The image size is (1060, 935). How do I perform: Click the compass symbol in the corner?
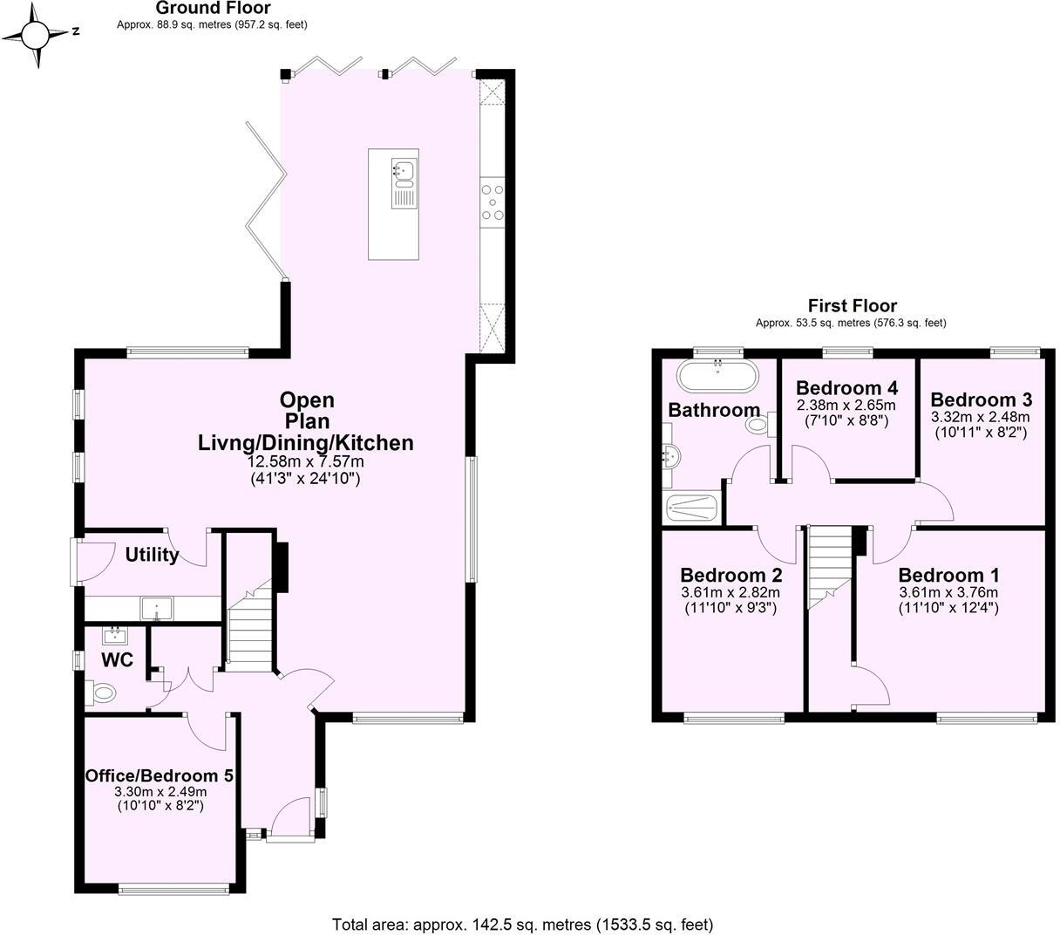pyautogui.click(x=37, y=35)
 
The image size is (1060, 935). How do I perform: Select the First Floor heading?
pyautogui.click(x=852, y=305)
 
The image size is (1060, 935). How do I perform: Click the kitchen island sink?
pyautogui.click(x=404, y=173)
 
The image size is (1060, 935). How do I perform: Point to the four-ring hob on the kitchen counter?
pyautogui.click(x=492, y=201)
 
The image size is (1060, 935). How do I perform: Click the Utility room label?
pyautogui.click(x=152, y=555)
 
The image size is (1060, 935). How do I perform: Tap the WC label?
pyautogui.click(x=117, y=660)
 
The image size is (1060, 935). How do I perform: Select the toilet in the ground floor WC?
pyautogui.click(x=103, y=693)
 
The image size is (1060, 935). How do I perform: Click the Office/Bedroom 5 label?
pyautogui.click(x=159, y=775)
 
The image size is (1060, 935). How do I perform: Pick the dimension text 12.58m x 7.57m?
pyautogui.click(x=305, y=461)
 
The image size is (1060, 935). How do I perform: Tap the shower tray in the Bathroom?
pyautogui.click(x=690, y=508)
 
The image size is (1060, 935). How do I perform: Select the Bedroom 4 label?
pyautogui.click(x=846, y=388)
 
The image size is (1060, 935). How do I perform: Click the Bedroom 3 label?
pyautogui.click(x=981, y=399)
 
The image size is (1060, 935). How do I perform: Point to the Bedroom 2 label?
pyautogui.click(x=730, y=576)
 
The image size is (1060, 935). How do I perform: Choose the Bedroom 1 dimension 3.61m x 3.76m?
pyautogui.click(x=948, y=592)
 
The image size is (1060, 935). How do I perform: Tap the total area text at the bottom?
pyautogui.click(x=522, y=924)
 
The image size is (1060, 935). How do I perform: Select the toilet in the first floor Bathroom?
pyautogui.click(x=759, y=426)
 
